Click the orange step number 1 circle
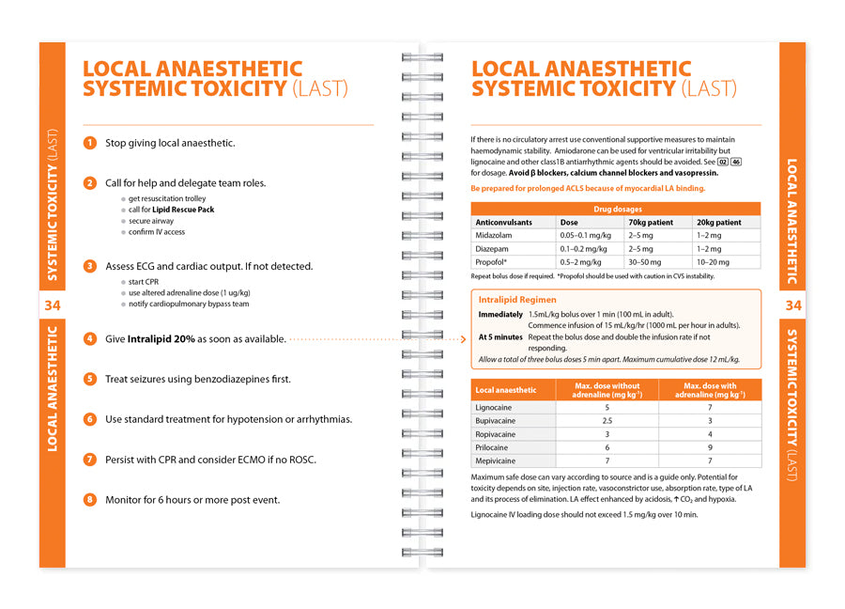click(90, 143)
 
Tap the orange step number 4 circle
click(90, 338)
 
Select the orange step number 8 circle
click(90, 500)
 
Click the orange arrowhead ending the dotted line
click(463, 338)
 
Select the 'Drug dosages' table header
click(615, 210)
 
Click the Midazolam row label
click(494, 236)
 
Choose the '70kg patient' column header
click(650, 223)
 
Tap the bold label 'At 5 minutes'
click(500, 336)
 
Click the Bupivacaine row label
click(498, 421)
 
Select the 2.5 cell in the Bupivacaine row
click(607, 421)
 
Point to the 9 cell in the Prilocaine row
click(710, 447)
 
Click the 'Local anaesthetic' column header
click(507, 390)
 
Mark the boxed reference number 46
click(736, 162)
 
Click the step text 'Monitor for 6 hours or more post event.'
click(192, 500)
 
